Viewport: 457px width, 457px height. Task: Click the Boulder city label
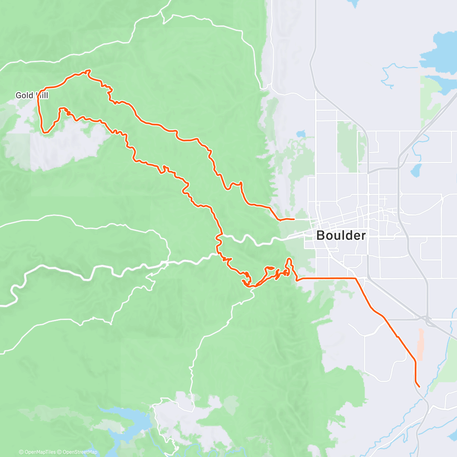[x=341, y=235]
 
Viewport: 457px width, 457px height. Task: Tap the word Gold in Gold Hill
[x=24, y=95]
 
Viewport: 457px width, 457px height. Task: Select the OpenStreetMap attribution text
[x=80, y=452]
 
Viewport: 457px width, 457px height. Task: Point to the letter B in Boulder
[x=321, y=235]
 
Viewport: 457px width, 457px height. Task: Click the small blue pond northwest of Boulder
[x=301, y=134]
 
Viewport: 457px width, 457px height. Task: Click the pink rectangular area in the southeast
[x=420, y=345]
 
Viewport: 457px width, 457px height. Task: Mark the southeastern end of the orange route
[x=419, y=387]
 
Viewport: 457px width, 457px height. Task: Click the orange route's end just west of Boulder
[x=294, y=219]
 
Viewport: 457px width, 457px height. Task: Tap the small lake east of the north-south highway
[x=416, y=171]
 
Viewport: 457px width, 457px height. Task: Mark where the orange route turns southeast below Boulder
[x=356, y=279]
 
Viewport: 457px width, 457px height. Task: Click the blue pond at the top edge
[x=352, y=3]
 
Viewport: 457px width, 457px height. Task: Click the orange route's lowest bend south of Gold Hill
[x=45, y=132]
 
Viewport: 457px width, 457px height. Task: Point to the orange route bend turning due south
[x=415, y=360]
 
